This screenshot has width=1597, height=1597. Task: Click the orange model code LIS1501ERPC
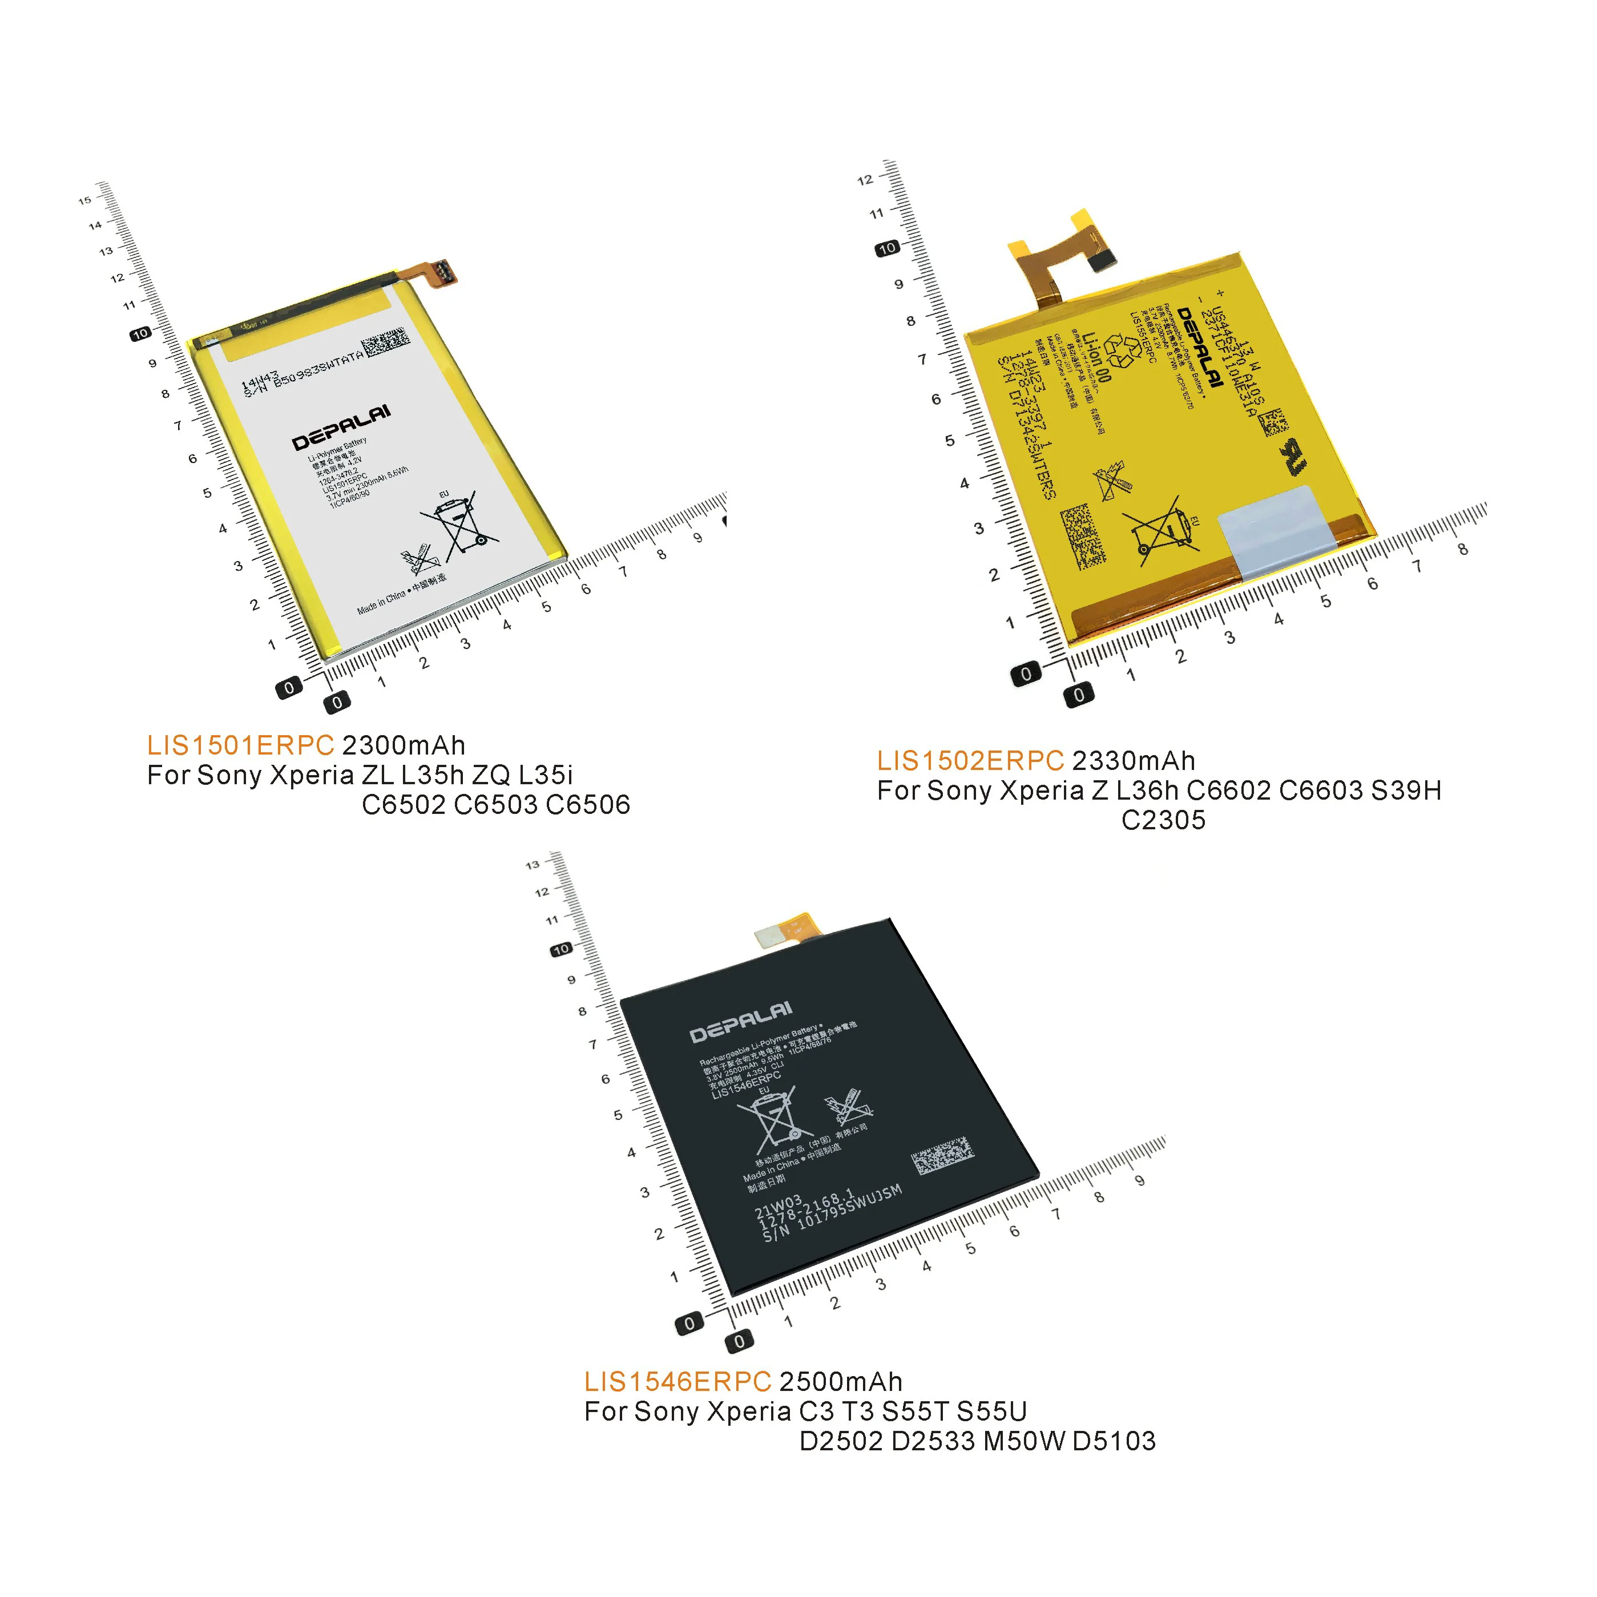(240, 745)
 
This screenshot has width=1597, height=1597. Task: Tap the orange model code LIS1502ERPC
(970, 761)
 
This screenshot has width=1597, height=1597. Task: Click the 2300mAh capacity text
(404, 745)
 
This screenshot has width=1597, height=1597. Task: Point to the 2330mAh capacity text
(1134, 761)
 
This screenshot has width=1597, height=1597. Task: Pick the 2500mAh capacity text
(841, 1382)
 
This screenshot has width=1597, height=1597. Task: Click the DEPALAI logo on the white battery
(341, 428)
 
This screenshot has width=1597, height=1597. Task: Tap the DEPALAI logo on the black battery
(741, 1022)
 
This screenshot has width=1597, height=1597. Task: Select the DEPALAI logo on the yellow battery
(1199, 347)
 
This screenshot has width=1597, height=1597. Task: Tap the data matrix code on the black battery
(942, 1155)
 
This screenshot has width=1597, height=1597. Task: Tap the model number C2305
(1163, 820)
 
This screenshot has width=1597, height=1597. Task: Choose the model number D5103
(1114, 1441)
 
